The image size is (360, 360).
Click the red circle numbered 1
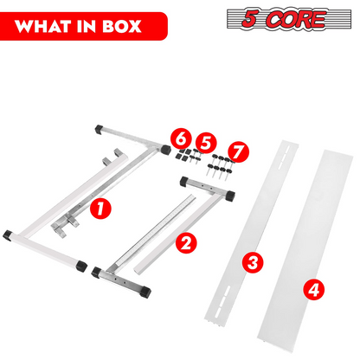(x=100, y=208)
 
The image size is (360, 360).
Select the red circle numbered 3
(x=253, y=262)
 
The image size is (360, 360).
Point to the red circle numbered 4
(x=314, y=289)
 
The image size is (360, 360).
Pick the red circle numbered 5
(x=206, y=143)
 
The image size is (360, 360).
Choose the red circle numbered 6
(x=181, y=139)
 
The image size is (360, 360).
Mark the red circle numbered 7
(x=238, y=151)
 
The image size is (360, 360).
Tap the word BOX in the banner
(x=122, y=26)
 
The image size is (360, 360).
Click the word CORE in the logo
(x=296, y=19)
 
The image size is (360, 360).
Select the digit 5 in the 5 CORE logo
(x=249, y=18)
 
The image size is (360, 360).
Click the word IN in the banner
(x=87, y=26)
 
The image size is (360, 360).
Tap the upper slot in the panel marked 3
(x=283, y=157)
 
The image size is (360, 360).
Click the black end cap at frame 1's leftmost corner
(x=8, y=235)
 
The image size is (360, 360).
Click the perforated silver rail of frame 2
(x=155, y=230)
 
